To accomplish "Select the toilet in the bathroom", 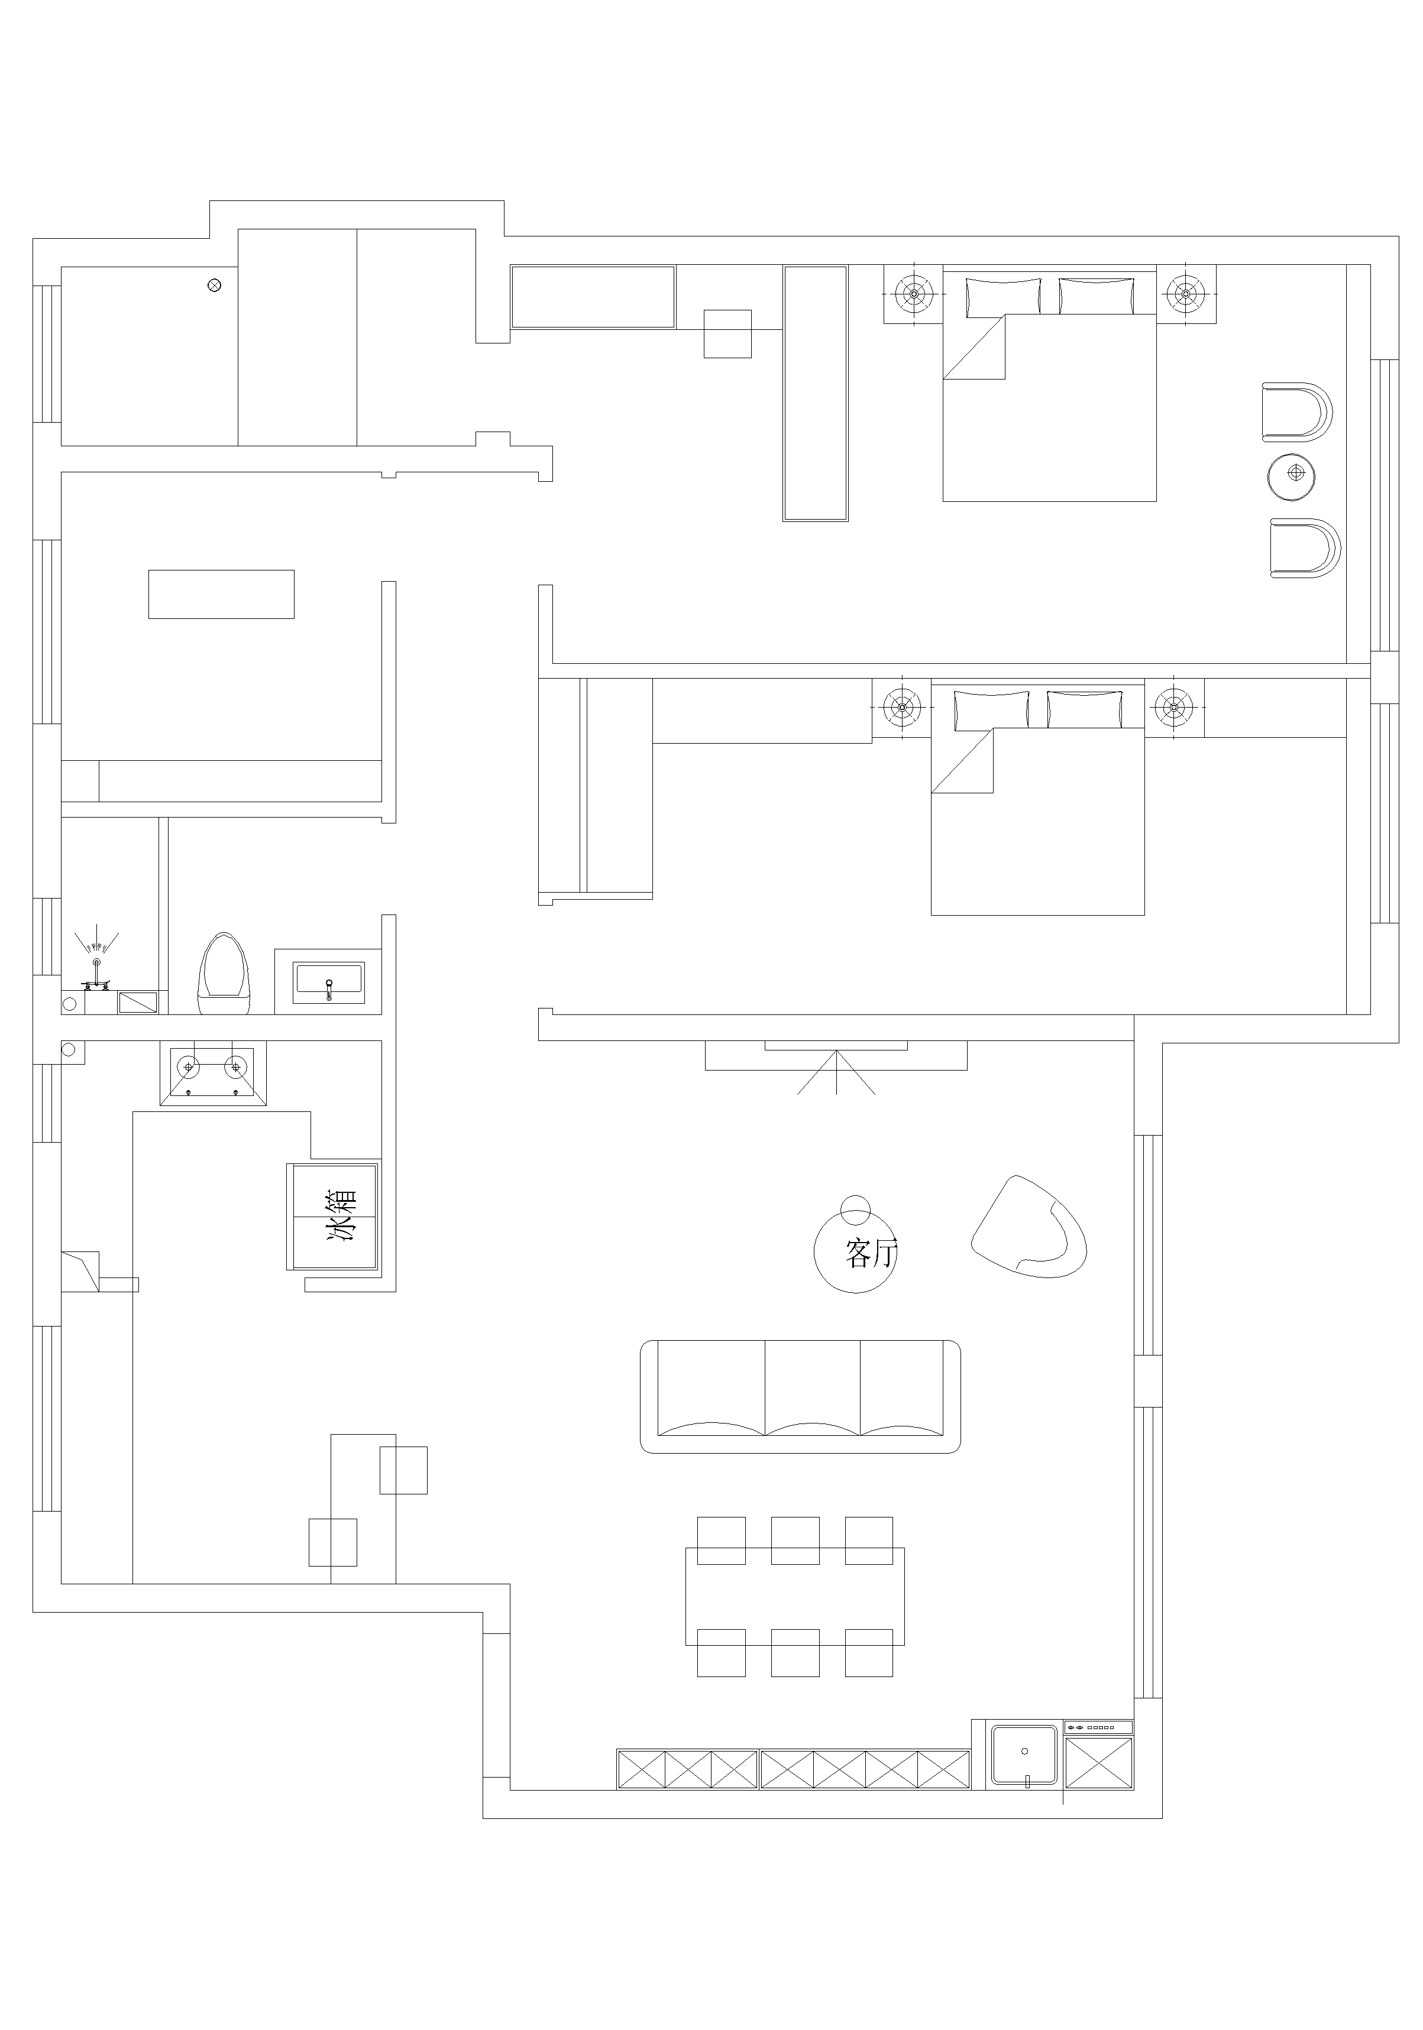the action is pos(225,972).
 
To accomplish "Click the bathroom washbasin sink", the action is pos(329,982).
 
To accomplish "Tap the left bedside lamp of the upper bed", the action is pos(913,291).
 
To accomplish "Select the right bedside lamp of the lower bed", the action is pos(1173,706).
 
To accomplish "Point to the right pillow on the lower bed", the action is pos(1084,710).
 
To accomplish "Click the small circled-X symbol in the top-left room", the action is pos(213,285).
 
